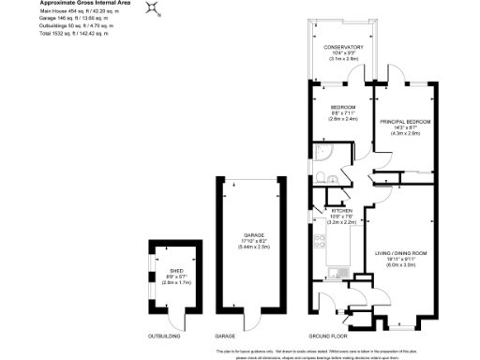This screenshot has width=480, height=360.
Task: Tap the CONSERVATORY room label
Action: click(345, 47)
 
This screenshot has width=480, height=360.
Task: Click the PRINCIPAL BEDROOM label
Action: click(406, 122)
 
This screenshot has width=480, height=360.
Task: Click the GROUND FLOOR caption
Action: click(328, 335)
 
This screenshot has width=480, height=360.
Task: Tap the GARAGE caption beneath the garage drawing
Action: click(225, 335)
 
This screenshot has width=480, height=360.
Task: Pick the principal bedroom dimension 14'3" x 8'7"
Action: click(406, 127)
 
